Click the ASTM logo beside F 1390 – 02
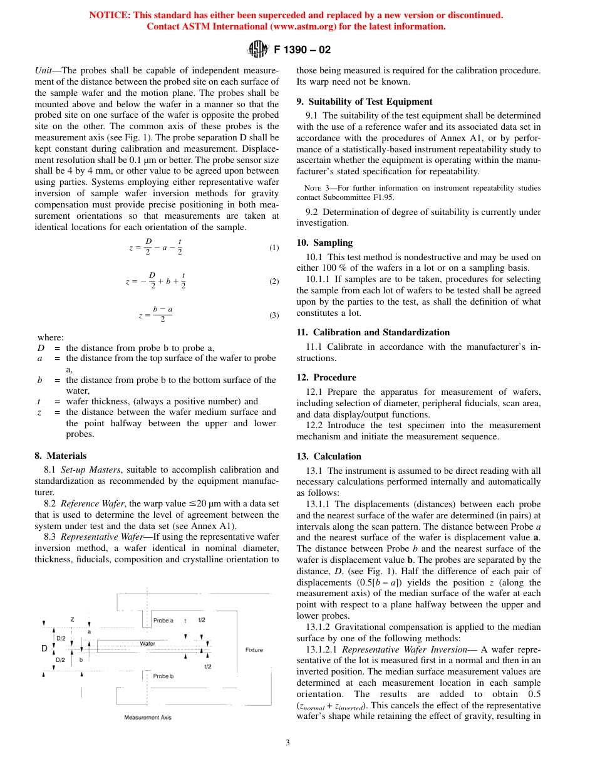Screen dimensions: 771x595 (x=257, y=49)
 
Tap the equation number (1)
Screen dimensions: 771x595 (x=274, y=248)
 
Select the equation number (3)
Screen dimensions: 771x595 (x=274, y=315)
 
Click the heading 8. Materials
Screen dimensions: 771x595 (x=61, y=456)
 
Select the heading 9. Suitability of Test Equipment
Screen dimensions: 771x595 (x=364, y=102)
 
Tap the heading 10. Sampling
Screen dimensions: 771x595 (x=324, y=243)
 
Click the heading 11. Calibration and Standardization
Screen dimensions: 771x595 (x=373, y=332)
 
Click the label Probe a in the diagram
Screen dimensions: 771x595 (x=163, y=620)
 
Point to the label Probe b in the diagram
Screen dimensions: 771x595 (x=163, y=676)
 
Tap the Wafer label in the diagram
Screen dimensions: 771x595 (x=147, y=644)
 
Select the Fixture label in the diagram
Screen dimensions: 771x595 (x=254, y=650)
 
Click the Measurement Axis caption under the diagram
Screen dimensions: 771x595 (x=147, y=717)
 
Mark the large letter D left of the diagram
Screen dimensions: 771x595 (x=44, y=648)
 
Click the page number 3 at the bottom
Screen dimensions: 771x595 (x=287, y=743)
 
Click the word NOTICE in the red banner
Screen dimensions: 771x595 (x=110, y=15)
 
